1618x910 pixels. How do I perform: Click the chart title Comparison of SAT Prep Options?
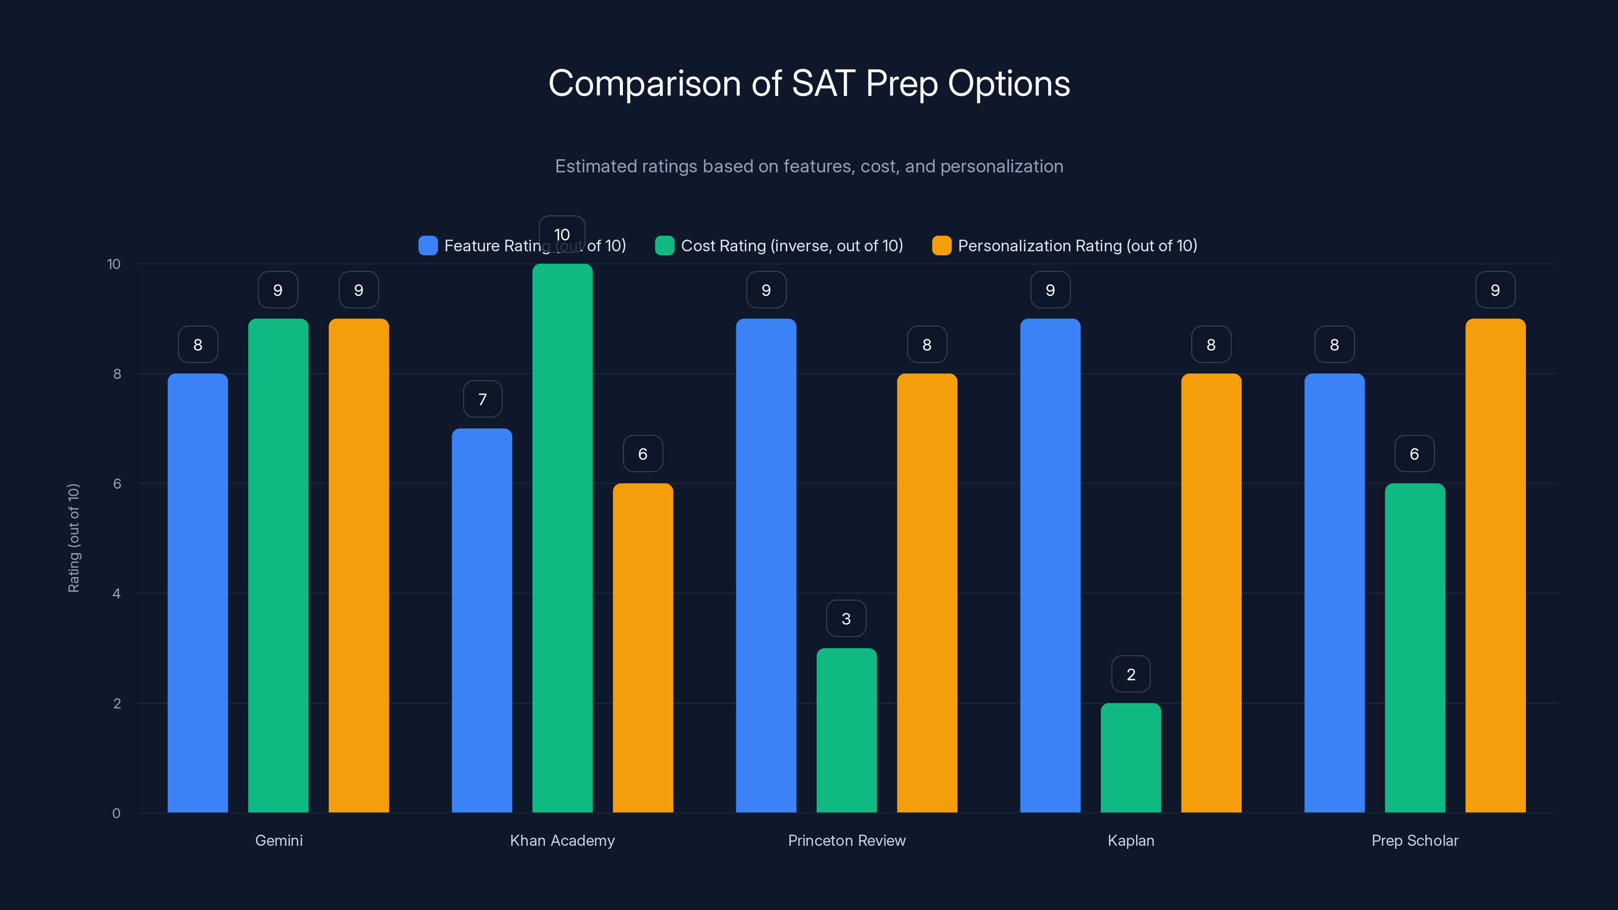click(809, 83)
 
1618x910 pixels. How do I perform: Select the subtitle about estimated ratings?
click(809, 166)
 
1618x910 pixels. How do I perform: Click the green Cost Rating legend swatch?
click(664, 246)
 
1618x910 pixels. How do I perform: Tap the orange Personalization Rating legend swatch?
click(941, 246)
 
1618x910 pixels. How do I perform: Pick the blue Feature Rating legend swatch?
click(428, 246)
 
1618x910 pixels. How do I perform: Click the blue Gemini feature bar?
click(198, 593)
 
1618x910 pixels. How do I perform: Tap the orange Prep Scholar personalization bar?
click(1495, 565)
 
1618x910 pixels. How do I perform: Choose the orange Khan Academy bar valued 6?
click(643, 648)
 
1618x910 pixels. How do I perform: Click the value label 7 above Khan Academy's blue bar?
click(482, 399)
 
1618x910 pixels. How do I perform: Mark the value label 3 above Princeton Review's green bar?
click(846, 619)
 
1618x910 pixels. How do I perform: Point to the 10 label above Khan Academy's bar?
click(562, 234)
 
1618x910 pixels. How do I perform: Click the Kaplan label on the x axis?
click(1131, 840)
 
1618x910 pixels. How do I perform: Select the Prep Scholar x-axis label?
click(1415, 840)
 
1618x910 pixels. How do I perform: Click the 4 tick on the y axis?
click(116, 594)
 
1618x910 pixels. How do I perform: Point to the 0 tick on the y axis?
click(116, 813)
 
